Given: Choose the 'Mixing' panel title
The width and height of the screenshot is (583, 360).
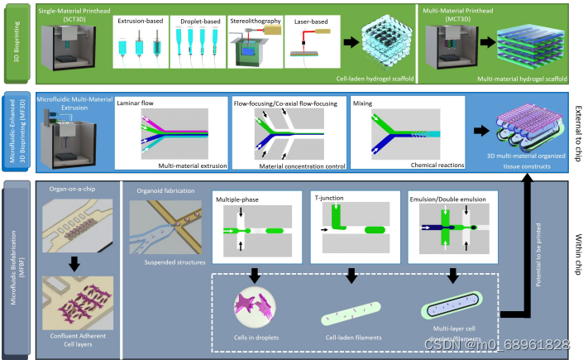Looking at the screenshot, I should point(363,104).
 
